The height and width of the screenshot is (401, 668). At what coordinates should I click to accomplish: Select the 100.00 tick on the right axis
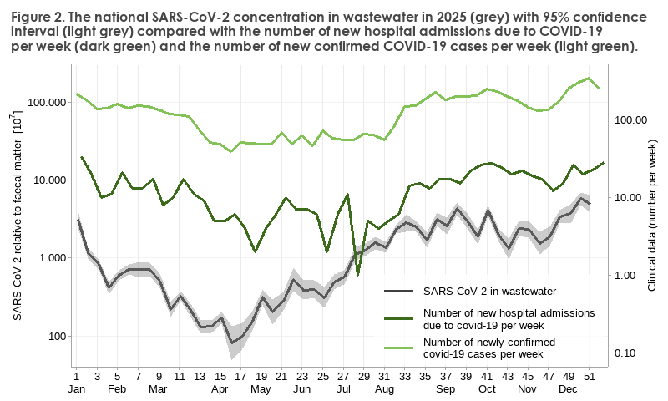click(632, 119)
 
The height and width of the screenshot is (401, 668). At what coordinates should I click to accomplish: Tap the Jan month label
click(76, 389)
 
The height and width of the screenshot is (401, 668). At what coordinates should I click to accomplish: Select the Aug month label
click(384, 389)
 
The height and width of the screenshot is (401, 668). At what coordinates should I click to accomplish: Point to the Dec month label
click(569, 389)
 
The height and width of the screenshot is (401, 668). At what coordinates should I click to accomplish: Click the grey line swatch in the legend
click(399, 292)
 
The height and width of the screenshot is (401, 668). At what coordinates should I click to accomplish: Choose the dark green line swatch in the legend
click(399, 317)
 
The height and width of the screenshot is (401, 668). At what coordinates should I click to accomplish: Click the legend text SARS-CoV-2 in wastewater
click(489, 292)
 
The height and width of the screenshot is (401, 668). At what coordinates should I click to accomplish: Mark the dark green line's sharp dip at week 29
click(358, 274)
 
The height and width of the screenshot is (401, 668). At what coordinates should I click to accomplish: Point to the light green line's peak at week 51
click(589, 79)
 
